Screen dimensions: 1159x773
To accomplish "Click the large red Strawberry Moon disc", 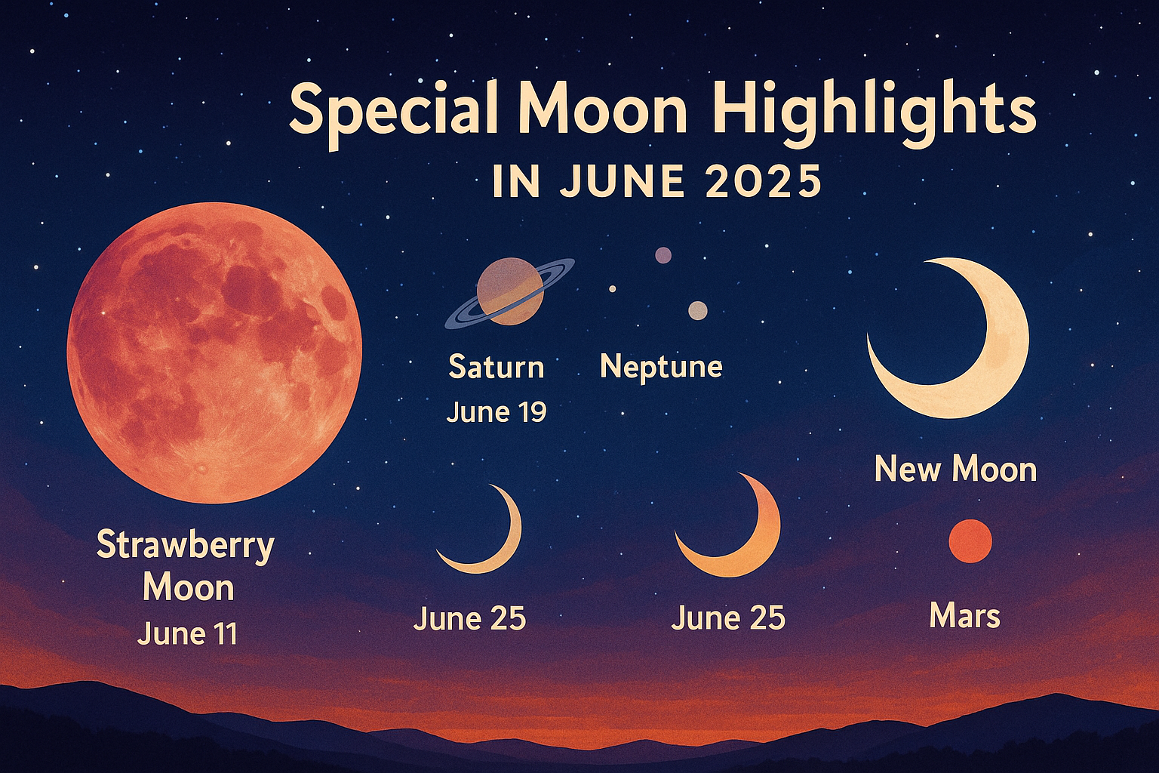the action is click(x=214, y=353).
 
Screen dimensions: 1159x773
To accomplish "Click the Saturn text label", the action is click(x=496, y=367).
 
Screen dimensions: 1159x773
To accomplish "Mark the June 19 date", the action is click(x=496, y=412).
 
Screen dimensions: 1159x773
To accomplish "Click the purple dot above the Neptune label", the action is click(x=663, y=255).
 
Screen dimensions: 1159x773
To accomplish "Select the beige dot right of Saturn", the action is click(x=698, y=311).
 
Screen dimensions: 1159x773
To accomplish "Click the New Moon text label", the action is click(x=956, y=470).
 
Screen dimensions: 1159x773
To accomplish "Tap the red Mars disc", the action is click(x=970, y=541).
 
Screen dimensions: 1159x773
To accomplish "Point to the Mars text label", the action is click(x=965, y=616).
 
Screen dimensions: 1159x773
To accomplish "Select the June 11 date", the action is click(x=187, y=633).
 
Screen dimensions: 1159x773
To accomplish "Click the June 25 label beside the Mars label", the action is click(x=728, y=617).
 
